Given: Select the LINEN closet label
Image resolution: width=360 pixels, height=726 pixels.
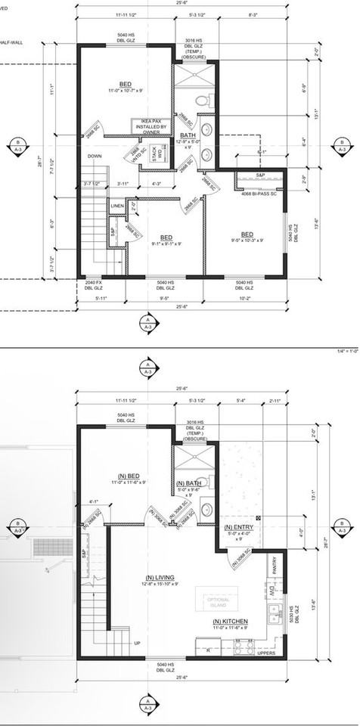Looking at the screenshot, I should click(116, 206).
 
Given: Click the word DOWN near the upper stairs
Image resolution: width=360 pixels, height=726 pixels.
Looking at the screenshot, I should click(95, 157).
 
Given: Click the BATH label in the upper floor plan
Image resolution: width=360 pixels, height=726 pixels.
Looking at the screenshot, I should click(188, 135).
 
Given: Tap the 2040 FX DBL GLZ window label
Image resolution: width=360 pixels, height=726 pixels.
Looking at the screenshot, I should click(92, 285).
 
